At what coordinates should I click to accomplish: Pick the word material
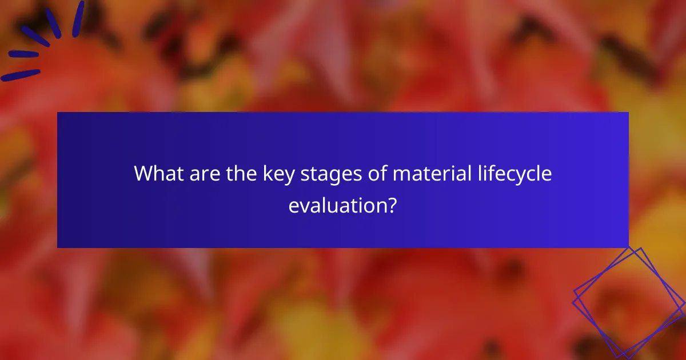click(425, 174)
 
